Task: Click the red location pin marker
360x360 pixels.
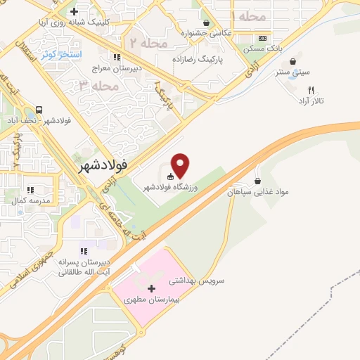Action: coord(181,165)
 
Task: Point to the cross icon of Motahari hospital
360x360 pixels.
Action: coord(152,288)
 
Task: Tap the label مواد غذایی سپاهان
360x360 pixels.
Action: coord(259,190)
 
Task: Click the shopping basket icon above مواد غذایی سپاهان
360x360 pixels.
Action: coord(258,180)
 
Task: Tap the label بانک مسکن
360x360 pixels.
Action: coord(262,48)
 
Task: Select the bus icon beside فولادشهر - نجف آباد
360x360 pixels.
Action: coord(40,110)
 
